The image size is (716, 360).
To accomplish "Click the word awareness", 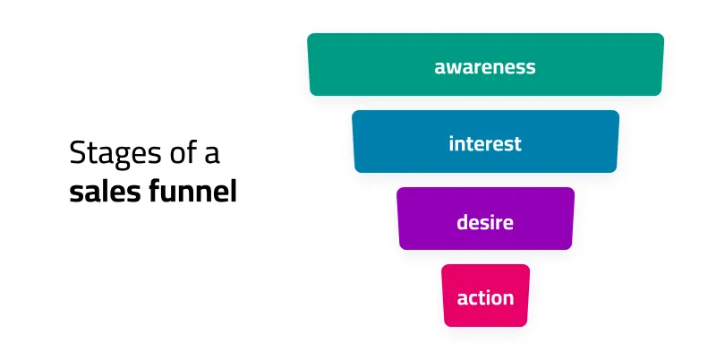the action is click(485, 67).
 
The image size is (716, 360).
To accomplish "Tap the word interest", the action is click(485, 143).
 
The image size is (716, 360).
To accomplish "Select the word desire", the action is click(485, 222).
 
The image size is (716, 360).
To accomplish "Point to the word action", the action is click(485, 298).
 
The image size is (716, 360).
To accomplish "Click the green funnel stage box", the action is click(485, 64).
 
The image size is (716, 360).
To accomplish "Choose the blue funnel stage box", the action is click(485, 141).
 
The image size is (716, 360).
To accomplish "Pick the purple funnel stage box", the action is click(485, 219).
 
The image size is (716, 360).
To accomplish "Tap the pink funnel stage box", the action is click(485, 296).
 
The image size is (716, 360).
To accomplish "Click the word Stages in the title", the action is click(115, 153).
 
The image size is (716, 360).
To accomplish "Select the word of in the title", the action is click(183, 151).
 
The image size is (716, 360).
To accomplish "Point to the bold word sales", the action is click(106, 191).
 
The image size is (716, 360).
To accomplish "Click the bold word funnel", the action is click(193, 191).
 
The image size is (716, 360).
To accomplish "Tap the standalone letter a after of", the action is click(212, 155).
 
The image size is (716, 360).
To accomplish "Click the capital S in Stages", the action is click(77, 152).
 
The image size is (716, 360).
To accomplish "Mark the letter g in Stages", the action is click(118, 159).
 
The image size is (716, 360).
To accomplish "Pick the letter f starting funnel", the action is click(156, 191).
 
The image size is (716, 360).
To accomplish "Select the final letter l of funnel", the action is click(234, 191).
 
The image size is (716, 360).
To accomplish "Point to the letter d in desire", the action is click(463, 222).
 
